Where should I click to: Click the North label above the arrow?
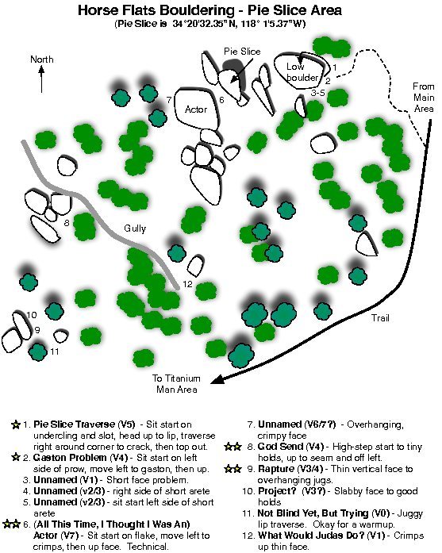[x=41, y=60]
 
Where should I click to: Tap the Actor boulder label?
[x=196, y=109]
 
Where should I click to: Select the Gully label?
[x=135, y=228]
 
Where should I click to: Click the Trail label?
[x=380, y=318]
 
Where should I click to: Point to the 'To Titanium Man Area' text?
[x=176, y=384]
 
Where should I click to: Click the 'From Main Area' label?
[x=423, y=98]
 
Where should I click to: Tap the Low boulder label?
[x=302, y=71]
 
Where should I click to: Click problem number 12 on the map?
[x=187, y=284]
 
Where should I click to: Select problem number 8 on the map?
[x=67, y=223]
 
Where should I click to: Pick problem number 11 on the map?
[x=54, y=351]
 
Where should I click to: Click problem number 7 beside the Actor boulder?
[x=169, y=100]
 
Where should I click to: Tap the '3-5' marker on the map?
[x=318, y=93]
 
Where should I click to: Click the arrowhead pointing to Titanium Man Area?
[x=216, y=380]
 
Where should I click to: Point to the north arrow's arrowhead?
[x=41, y=70]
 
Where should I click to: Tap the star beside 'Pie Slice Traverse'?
[x=16, y=424]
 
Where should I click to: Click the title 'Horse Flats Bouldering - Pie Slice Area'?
[x=209, y=10]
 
